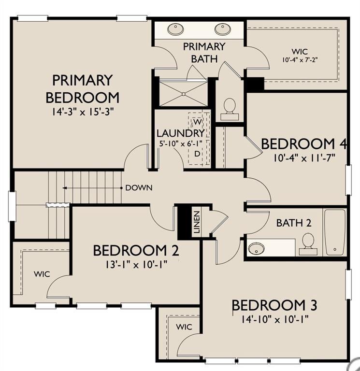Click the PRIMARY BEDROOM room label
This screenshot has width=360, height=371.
tap(82, 89)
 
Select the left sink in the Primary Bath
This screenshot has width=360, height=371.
tap(175, 29)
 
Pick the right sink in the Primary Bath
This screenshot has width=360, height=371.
tap(223, 29)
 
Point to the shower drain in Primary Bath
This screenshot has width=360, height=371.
tap(184, 94)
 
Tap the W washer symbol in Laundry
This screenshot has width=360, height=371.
tap(198, 122)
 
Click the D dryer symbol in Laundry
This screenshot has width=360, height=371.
tap(197, 154)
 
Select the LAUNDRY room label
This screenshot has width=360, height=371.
tap(181, 133)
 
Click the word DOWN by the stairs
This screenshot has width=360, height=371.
tap(139, 188)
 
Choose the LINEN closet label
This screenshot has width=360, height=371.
tap(197, 222)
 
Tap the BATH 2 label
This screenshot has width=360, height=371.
tap(294, 223)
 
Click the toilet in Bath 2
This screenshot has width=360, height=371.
tap(308, 243)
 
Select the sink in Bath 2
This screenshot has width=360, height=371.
tap(256, 248)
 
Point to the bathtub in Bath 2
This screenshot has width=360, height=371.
tap(335, 232)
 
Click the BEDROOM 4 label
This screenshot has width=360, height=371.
tap(304, 144)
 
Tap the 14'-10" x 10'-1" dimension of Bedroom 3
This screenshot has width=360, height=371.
tap(275, 320)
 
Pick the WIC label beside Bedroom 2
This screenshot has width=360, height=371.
tap(42, 274)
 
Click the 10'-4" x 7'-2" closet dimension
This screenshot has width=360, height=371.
tap(300, 59)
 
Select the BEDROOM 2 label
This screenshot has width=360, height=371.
tap(136, 251)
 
